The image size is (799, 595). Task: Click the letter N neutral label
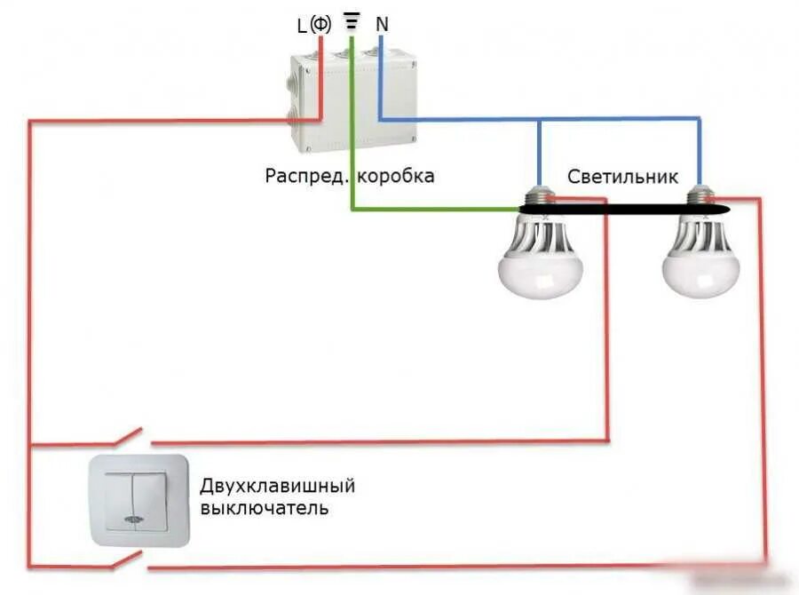[382, 25]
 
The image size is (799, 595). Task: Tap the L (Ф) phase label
[313, 26]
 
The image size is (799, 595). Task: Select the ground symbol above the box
[352, 22]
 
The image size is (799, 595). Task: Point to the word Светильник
[623, 177]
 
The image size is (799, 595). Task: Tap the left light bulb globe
[541, 266]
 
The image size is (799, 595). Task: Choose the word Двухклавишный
[277, 487]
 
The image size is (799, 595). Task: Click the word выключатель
[264, 509]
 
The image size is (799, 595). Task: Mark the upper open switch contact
[131, 437]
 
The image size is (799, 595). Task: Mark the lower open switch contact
[131, 559]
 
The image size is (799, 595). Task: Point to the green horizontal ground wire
[435, 210]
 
